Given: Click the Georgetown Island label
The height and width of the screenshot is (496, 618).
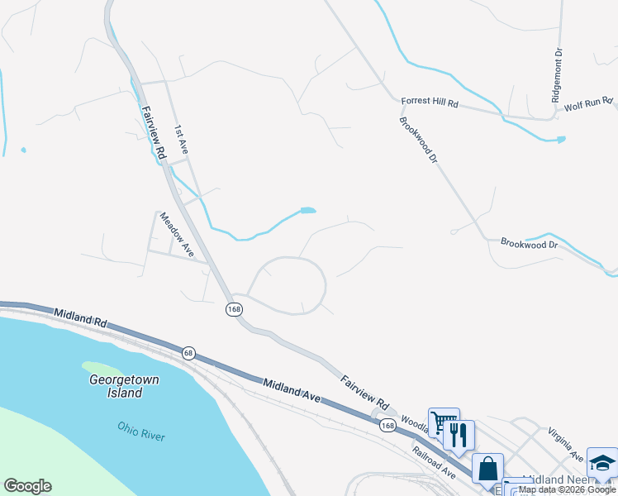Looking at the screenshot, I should [x=124, y=386].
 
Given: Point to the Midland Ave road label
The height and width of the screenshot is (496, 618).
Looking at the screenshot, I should [x=292, y=391].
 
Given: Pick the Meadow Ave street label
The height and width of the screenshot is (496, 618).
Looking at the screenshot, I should [x=176, y=235].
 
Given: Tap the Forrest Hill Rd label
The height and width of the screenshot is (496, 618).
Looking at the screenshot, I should [x=429, y=102].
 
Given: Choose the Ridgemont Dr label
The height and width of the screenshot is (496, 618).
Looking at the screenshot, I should [x=558, y=75].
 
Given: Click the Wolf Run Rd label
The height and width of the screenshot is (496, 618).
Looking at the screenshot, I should [x=588, y=105].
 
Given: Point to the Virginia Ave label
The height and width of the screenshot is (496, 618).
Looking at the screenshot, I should [x=566, y=445].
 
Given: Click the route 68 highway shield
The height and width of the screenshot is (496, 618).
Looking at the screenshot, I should [x=188, y=353].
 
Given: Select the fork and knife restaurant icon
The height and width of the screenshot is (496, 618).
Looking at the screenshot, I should [x=459, y=434].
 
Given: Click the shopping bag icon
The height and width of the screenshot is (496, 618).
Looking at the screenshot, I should [x=487, y=468].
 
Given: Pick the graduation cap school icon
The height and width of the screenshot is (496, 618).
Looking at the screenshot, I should [x=602, y=463].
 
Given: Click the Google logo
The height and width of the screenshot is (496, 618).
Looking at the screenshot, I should [x=27, y=486].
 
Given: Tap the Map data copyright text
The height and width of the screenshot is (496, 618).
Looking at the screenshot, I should [x=567, y=489].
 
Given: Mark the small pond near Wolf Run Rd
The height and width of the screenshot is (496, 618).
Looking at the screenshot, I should [x=561, y=139].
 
